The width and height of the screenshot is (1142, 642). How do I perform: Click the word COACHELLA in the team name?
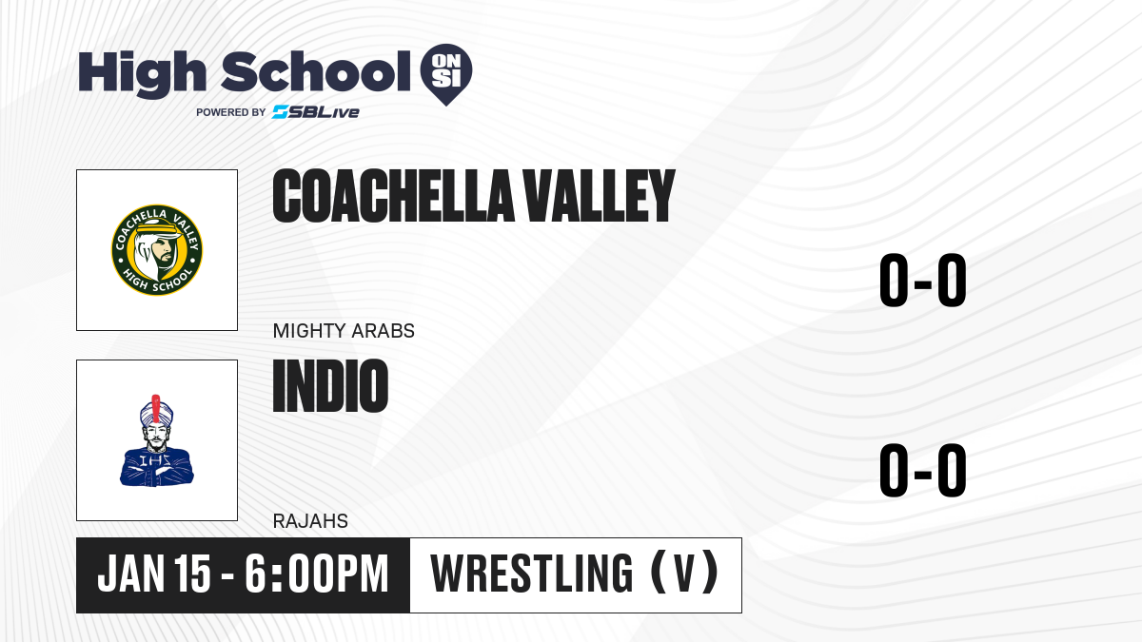click(392, 196)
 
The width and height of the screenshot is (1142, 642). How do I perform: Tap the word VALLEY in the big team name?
click(599, 196)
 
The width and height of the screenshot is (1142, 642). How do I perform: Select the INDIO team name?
click(330, 386)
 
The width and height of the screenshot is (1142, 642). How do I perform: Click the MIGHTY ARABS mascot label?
click(344, 331)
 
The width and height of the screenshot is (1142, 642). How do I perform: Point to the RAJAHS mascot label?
click(310, 521)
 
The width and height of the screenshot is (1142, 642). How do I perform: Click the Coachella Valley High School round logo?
click(157, 250)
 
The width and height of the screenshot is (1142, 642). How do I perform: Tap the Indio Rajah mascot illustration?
click(157, 440)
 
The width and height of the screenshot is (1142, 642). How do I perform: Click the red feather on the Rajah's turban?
click(156, 408)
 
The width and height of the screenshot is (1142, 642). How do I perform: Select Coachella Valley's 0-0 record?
click(923, 281)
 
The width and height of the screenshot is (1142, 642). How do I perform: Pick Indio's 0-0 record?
click(923, 470)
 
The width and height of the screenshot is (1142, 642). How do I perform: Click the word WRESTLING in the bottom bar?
click(532, 574)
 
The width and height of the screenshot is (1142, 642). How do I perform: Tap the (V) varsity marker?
click(684, 574)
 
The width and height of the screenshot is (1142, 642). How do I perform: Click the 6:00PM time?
click(316, 574)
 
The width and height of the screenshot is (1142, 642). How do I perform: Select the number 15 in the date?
click(191, 574)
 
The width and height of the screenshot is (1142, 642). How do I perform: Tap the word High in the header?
click(142, 73)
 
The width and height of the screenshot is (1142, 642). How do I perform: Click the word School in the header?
click(316, 72)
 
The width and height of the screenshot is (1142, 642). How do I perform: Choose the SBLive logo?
click(315, 112)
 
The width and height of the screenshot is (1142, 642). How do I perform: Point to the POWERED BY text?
click(231, 112)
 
